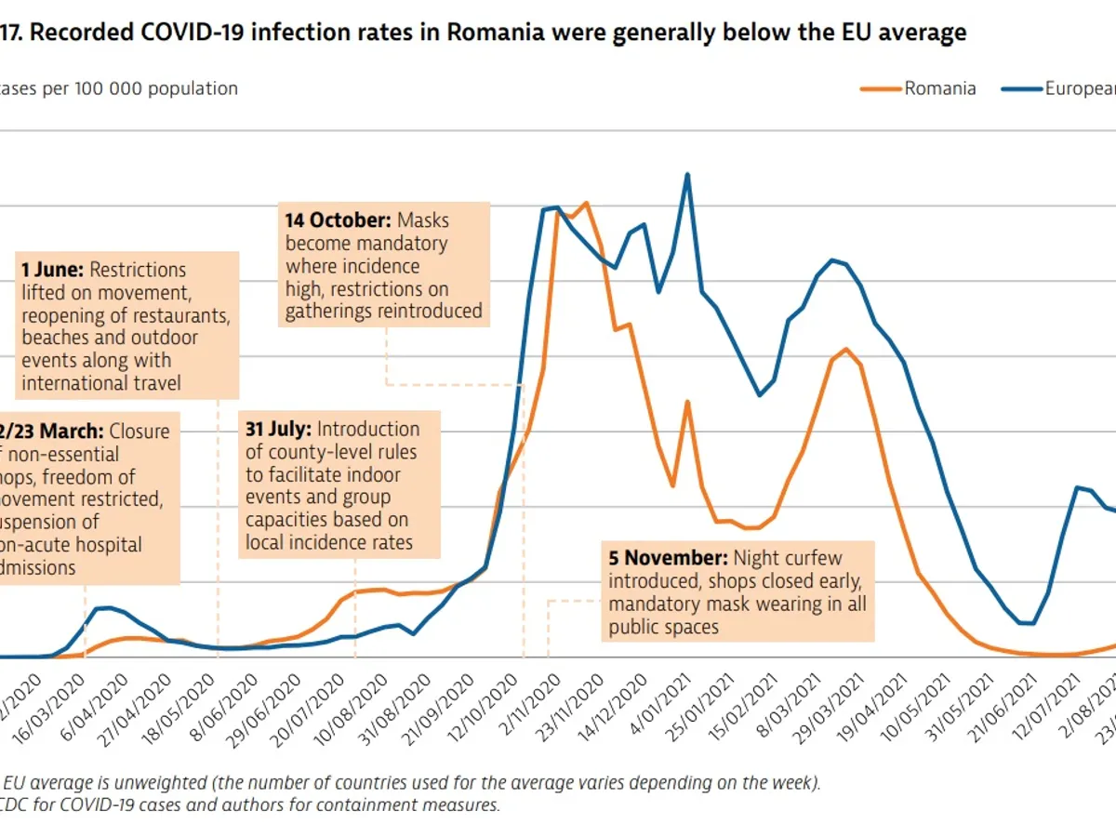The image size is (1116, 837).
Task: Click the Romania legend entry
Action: pyautogui.click(x=939, y=88)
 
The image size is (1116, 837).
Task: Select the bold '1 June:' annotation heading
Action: pyautogui.click(x=52, y=270)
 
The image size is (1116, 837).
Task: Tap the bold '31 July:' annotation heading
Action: pyautogui.click(x=277, y=430)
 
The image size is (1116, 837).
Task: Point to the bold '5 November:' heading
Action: pyautogui.click(x=668, y=559)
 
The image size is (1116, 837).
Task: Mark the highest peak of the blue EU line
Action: pyautogui.click(x=687, y=174)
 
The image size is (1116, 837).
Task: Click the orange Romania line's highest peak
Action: pyautogui.click(x=586, y=203)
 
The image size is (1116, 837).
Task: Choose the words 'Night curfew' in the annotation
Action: pyautogui.click(x=788, y=559)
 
